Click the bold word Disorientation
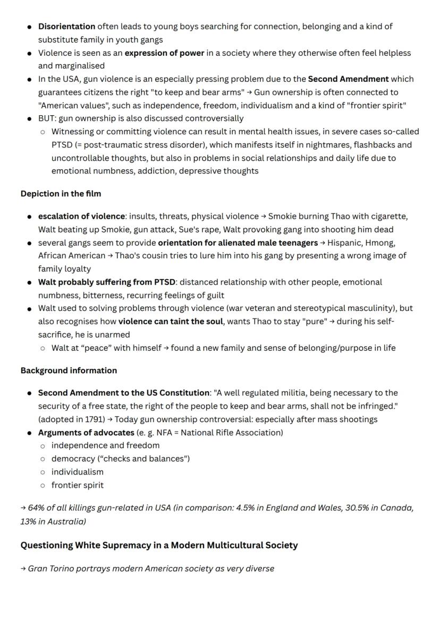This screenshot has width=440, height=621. (66, 26)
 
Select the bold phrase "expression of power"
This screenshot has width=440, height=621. (164, 53)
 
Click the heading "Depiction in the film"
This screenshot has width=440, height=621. (61, 194)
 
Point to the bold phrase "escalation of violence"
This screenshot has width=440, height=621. (81, 216)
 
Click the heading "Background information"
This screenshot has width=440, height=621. (69, 370)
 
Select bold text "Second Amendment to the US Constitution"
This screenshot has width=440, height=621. (124, 393)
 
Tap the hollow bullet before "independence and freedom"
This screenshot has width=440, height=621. (43, 445)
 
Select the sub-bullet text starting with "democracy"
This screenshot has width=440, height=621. (120, 459)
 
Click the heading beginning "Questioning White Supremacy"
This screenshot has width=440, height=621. (159, 545)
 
